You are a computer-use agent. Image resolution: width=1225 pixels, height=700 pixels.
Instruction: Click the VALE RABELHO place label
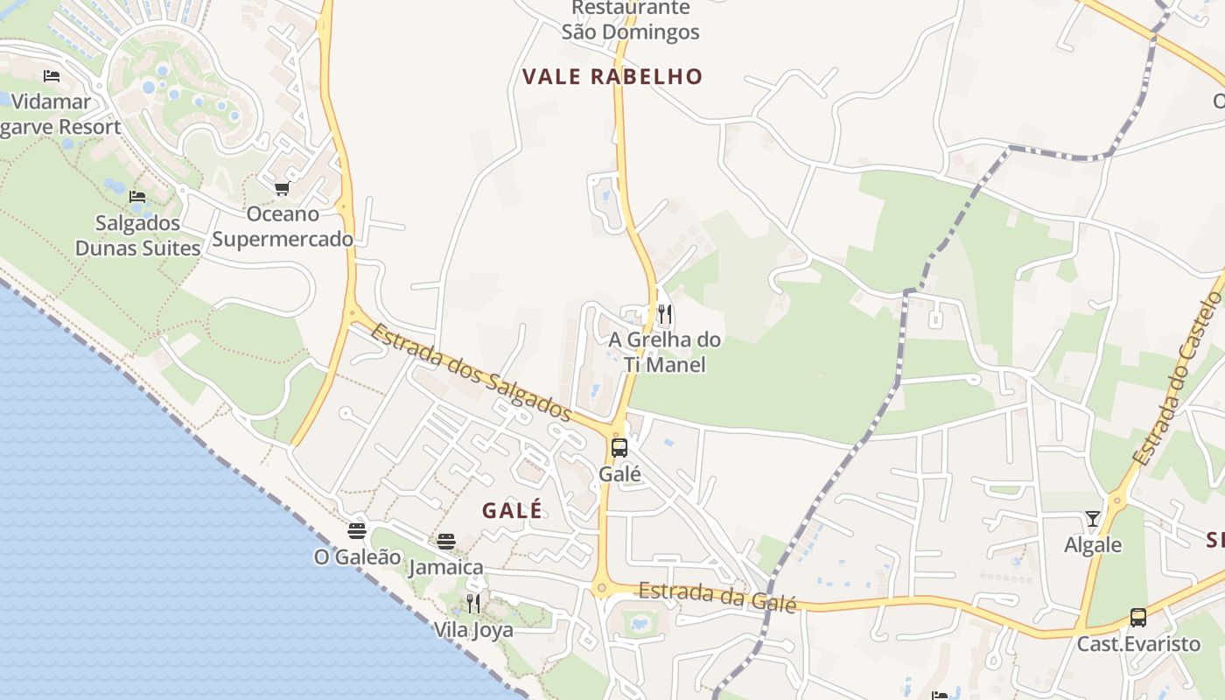coord(612,76)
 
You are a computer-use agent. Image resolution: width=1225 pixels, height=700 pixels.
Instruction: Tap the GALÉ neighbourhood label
coord(512,510)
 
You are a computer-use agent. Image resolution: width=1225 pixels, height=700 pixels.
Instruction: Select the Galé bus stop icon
coord(619,448)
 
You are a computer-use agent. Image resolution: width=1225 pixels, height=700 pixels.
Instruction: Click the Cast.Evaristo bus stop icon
coord(1137,618)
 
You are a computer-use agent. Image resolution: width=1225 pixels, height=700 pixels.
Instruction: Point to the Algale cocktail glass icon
coord(1093,519)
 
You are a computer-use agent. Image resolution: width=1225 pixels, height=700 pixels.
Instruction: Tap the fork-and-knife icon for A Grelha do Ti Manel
coord(665,313)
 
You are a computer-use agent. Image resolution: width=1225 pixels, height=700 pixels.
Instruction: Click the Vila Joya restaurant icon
coord(473,603)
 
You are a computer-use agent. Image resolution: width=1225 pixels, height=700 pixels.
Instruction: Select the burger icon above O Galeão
coord(356,530)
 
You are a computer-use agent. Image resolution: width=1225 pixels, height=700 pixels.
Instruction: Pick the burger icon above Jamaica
coord(446,542)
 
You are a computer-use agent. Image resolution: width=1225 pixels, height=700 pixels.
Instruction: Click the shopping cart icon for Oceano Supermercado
coord(282,188)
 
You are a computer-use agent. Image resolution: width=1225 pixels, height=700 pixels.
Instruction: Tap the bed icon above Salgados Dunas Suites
coord(137,197)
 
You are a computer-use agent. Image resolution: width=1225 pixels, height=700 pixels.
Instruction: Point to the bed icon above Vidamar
coord(52,76)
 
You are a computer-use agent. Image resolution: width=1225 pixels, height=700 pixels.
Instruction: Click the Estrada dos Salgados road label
coord(471,372)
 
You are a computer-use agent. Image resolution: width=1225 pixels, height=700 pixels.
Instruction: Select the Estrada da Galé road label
coord(717,597)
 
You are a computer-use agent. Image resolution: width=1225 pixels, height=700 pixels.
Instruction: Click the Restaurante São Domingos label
coord(630,20)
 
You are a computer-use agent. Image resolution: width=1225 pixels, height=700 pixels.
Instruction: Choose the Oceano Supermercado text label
coord(283,227)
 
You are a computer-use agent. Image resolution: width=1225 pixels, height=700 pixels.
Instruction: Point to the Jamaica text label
coord(446,567)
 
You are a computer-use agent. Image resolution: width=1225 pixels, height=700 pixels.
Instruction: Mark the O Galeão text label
coord(358,556)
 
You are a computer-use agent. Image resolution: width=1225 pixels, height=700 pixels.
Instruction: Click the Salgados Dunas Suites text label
coord(138,235)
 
